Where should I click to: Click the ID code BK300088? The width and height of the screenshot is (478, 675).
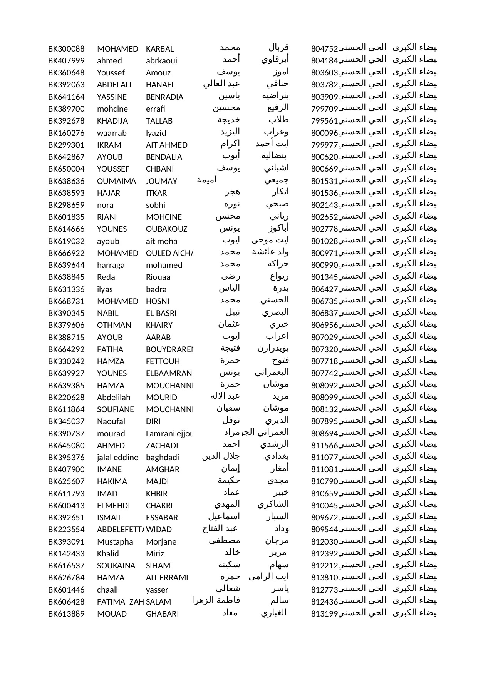(x=66, y=49)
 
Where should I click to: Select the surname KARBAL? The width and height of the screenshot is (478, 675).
(x=160, y=49)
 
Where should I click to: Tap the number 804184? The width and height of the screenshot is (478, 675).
(x=324, y=61)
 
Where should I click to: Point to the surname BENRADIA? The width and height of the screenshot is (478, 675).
(x=164, y=97)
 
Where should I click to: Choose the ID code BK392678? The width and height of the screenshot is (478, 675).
(x=66, y=121)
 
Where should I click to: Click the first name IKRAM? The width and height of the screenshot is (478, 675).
(x=109, y=145)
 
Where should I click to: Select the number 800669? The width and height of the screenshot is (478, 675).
(x=324, y=169)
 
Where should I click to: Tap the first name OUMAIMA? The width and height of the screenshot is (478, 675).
(x=116, y=181)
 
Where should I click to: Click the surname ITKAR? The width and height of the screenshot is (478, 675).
(x=156, y=193)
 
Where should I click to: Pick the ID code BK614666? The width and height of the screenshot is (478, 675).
(x=66, y=229)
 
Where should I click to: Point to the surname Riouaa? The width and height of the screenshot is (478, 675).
(x=158, y=277)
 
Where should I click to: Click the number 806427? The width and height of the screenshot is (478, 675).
(x=324, y=289)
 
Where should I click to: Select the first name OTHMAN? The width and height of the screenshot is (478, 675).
(x=114, y=325)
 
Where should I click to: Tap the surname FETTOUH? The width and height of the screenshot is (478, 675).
(x=163, y=361)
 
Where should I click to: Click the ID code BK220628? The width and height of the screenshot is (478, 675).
(x=66, y=398)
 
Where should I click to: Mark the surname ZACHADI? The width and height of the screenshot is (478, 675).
(x=162, y=446)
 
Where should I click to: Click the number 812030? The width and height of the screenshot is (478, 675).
(x=324, y=542)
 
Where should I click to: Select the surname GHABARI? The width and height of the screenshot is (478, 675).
(x=162, y=614)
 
